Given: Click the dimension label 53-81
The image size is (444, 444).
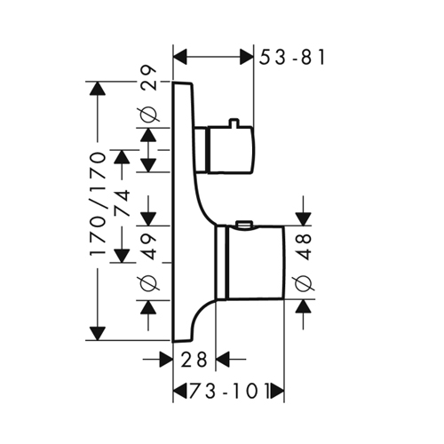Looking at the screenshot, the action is [x=292, y=57].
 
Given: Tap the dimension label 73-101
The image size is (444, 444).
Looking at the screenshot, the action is [x=230, y=392].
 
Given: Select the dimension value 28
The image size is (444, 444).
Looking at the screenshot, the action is [x=194, y=360].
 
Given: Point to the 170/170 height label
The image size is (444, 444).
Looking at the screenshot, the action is [x=99, y=204].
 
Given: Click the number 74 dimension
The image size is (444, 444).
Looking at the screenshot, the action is [x=123, y=204].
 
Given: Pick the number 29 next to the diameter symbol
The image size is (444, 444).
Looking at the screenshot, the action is [x=148, y=78].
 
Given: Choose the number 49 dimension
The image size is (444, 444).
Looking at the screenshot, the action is [x=147, y=246].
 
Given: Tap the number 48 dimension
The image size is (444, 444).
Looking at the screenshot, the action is [x=303, y=247].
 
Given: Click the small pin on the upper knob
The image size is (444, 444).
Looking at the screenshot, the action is [x=234, y=123].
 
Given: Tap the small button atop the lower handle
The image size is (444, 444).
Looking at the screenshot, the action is [x=244, y=224].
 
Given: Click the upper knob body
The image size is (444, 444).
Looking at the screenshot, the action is [x=231, y=150].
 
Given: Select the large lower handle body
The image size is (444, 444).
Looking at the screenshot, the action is [x=255, y=262].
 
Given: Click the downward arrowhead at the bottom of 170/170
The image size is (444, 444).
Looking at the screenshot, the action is [x=98, y=333].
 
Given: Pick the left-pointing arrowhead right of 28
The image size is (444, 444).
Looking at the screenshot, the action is [x=223, y=360].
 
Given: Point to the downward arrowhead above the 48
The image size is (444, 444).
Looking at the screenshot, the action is [x=303, y=219].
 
